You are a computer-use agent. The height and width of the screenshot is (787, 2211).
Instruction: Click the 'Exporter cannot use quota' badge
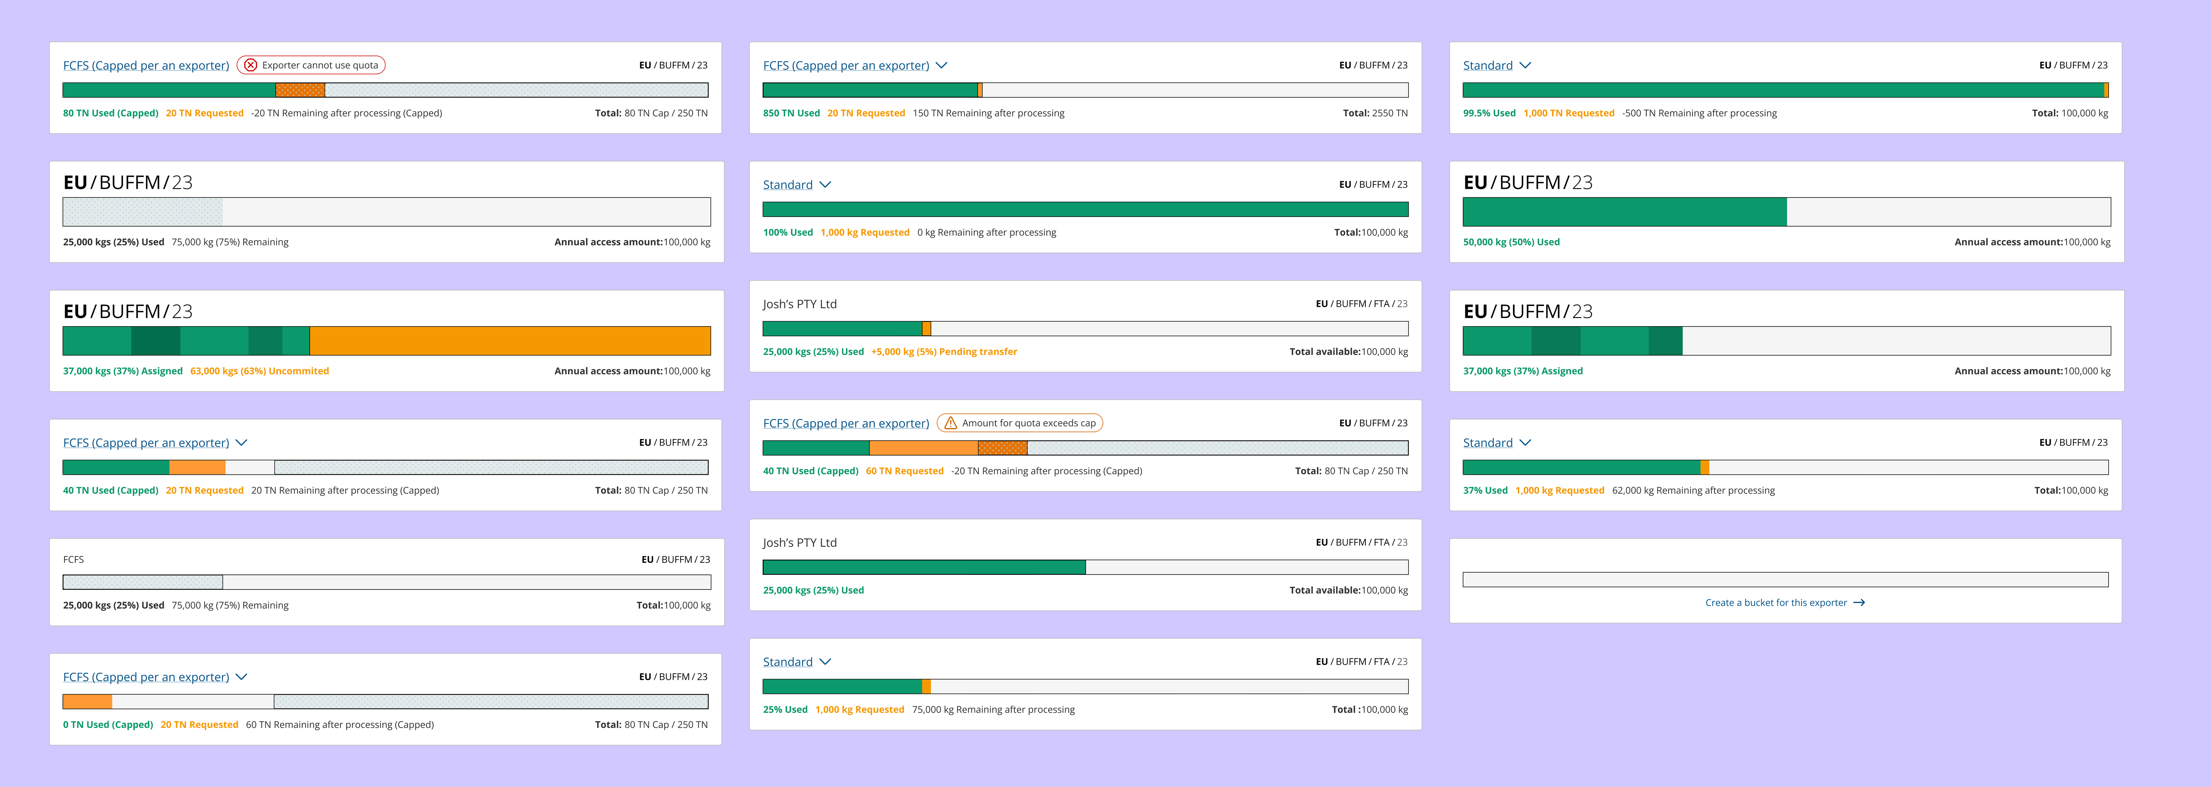311,65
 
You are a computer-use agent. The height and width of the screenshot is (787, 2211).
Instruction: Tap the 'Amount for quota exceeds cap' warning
1020,423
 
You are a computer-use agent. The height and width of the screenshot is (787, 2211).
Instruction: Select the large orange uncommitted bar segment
510,341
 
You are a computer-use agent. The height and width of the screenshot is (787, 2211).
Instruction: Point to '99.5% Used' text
1489,113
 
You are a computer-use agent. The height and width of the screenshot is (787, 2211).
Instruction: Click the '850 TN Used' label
791,113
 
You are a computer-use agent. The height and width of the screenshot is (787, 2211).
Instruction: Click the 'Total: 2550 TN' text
1375,113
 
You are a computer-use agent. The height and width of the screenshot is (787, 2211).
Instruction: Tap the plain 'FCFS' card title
74,559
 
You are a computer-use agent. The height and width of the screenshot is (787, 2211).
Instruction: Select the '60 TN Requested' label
905,471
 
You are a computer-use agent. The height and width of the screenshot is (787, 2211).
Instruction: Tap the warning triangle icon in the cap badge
950,423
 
